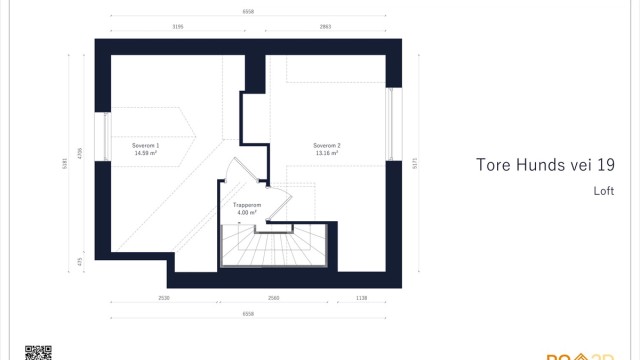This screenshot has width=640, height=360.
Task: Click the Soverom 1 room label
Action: [146, 146]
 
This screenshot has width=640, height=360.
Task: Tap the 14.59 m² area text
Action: [146, 153]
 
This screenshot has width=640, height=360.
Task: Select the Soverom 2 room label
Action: [327, 146]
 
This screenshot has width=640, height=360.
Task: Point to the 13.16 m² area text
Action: [327, 153]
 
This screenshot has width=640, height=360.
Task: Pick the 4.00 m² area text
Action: [247, 213]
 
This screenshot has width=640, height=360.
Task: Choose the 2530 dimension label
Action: [164, 298]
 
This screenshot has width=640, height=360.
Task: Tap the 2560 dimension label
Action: [274, 298]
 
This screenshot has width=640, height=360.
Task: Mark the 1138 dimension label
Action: [361, 298]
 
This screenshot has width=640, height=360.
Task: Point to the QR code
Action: [37, 352]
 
